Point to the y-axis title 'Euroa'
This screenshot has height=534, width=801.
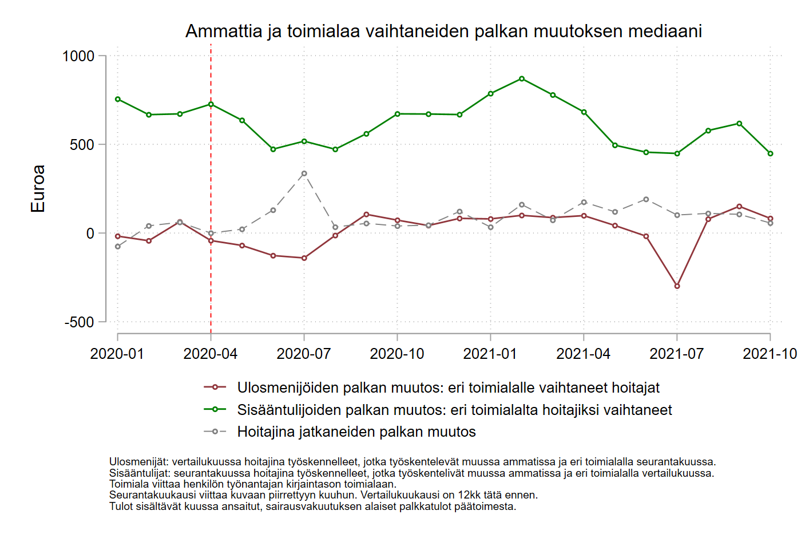click(x=38, y=189)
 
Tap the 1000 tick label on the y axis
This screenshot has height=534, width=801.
click(x=78, y=56)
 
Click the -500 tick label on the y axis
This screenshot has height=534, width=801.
click(x=80, y=322)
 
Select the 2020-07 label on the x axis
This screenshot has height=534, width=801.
click(x=304, y=354)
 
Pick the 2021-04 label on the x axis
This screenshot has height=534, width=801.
click(x=584, y=354)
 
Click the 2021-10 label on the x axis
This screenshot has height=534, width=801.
click(x=770, y=354)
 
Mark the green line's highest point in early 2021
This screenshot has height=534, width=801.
click(x=522, y=78)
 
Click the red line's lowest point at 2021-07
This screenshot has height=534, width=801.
click(x=677, y=286)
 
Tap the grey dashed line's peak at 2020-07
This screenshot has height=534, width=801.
click(x=304, y=173)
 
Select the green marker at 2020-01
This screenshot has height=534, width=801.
click(x=118, y=99)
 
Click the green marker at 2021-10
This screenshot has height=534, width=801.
click(x=771, y=153)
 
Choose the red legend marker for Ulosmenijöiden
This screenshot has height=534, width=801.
click(x=215, y=387)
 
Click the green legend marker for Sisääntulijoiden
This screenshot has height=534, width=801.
click(x=215, y=409)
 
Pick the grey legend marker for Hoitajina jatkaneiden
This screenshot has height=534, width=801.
click(x=215, y=432)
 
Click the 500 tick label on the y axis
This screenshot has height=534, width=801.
click(x=82, y=145)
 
